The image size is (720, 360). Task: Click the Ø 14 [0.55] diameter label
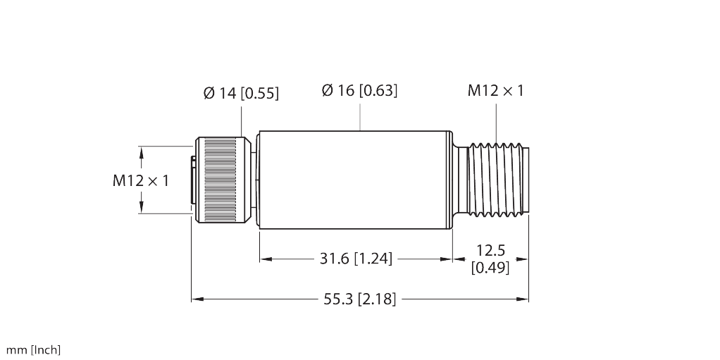pos(241,93)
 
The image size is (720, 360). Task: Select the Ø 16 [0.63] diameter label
pos(359,90)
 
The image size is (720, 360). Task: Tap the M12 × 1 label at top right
pos(495,90)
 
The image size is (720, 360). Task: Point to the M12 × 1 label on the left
pos(141,180)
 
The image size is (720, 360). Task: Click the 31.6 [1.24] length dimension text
pos(355,259)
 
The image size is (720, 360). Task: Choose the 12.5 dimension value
pos(490,250)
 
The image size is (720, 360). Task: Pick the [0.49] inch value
pos(490,268)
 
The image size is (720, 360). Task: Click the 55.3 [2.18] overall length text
pos(359,299)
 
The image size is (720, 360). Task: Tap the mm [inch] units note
pos(34,349)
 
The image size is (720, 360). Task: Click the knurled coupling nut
pos(222,180)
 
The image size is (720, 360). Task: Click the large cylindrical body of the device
pos(355,180)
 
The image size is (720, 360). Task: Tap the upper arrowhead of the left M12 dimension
pos(142,151)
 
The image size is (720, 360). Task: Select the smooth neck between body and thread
pos(461,180)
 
